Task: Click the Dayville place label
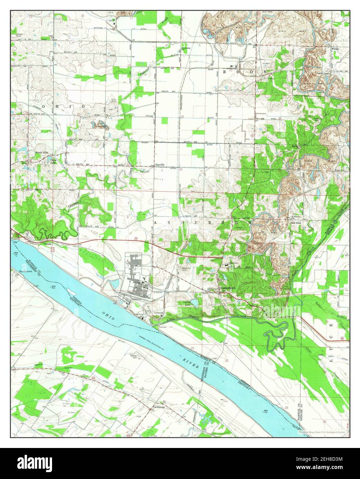pyautogui.click(x=160, y=165)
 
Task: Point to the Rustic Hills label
pyautogui.click(x=41, y=152)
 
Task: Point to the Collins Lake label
pyautogui.click(x=187, y=303)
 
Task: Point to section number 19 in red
pyautogui.click(x=80, y=65)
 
